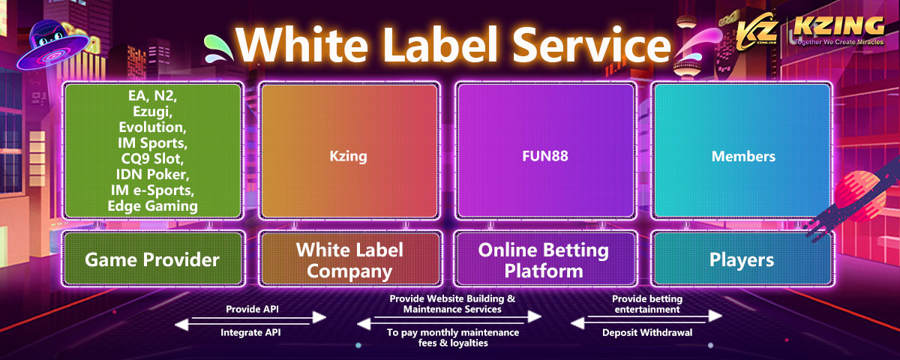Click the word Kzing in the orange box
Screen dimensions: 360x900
point(348,157)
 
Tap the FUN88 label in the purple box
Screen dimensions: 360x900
point(545,157)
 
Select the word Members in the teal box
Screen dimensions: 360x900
point(742,157)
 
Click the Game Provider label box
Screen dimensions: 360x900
point(152,259)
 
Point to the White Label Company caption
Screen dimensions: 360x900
point(349,259)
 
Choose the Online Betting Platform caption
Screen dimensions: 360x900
point(545,259)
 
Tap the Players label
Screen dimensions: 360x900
point(742,259)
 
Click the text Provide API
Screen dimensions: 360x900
point(250,309)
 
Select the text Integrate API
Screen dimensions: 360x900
point(250,331)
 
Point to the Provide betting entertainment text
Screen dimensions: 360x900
point(646,304)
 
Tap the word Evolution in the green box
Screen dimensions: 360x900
point(153,128)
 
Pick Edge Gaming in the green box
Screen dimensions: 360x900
point(153,205)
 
